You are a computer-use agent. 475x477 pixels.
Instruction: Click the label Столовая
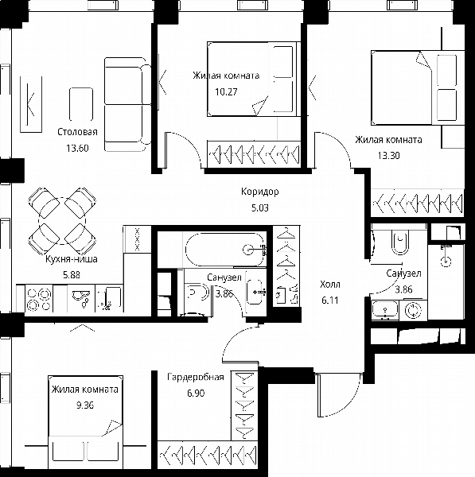coord(78,132)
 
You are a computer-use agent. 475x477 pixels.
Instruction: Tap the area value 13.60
coord(77,148)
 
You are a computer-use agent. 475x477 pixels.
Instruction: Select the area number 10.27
coord(226,91)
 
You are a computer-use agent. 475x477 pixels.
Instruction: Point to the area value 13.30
coord(388,156)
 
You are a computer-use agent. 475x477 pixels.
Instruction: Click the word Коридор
coord(259,192)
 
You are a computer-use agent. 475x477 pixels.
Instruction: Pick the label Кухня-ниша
coord(72,259)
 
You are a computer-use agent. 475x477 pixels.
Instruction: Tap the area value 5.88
coord(72,275)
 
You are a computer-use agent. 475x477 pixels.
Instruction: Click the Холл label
coord(330,285)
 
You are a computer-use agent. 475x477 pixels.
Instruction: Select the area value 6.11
coord(330,301)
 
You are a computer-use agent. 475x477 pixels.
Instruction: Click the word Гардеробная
coord(196,377)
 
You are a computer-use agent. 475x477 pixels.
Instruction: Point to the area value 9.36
coord(85,405)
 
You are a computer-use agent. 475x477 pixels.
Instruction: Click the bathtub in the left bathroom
coord(224,250)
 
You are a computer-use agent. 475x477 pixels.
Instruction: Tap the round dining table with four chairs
coord(62,221)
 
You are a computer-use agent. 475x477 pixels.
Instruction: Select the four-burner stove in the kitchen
coord(39,298)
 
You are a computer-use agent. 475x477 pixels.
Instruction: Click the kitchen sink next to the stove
coord(81,298)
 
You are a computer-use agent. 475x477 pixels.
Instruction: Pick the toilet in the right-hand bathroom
coord(399,242)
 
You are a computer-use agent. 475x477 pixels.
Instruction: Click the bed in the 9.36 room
coord(86,419)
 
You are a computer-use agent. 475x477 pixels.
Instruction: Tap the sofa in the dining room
coord(126,104)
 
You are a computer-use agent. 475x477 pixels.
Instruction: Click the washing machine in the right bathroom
coord(413,310)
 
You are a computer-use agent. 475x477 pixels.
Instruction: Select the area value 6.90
coord(196,393)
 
